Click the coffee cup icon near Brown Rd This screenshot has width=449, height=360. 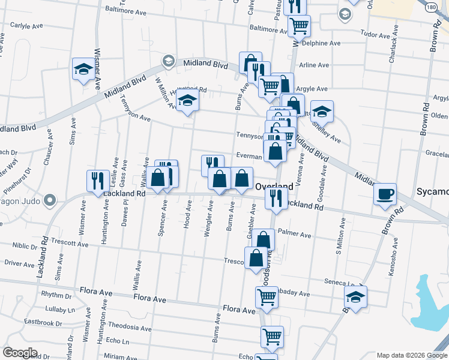(384, 194)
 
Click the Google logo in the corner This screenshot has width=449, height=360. (20, 352)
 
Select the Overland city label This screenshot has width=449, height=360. (274, 187)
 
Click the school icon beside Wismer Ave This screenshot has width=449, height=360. (83, 68)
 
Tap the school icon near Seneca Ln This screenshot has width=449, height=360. (355, 297)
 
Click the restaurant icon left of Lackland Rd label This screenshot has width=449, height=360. (97, 181)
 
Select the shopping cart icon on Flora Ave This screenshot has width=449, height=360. (267, 296)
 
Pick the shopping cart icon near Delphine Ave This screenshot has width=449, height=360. (299, 26)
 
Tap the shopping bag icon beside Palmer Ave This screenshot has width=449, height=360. (263, 239)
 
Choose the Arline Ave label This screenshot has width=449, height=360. (315, 65)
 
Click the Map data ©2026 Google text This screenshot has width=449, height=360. (411, 355)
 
